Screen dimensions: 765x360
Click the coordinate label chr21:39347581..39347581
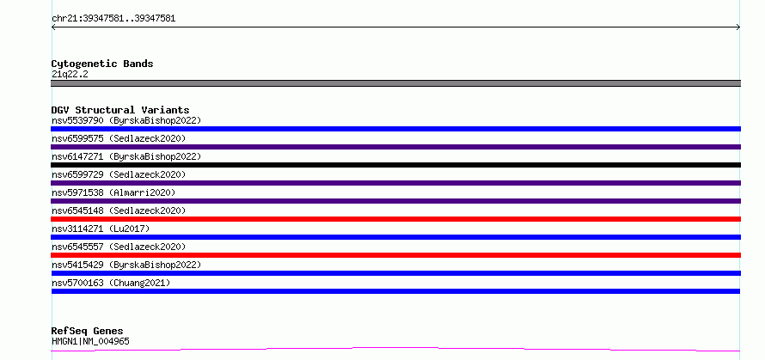113,19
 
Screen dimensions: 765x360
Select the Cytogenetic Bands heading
102,64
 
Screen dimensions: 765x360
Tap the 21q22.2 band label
70,75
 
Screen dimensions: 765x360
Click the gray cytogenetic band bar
395,83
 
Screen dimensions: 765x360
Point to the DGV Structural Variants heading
120,110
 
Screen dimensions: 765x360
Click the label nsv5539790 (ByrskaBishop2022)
126,120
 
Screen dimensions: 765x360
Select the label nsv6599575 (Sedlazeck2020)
119,138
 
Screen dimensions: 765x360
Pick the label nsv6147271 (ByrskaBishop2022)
126,156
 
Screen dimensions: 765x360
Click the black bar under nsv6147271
395,165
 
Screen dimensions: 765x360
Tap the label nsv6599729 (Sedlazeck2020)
119,174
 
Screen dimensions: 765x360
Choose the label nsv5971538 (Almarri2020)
113,192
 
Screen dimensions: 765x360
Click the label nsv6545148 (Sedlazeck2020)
119,211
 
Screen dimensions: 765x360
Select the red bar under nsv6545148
395,219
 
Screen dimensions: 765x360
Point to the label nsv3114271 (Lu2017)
101,229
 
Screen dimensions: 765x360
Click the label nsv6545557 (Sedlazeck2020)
119,247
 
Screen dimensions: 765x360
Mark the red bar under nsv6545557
395,255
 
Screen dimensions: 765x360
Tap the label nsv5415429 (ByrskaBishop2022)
126,265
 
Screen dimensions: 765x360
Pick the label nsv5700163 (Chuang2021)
111,283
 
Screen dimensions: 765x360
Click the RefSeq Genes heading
87,332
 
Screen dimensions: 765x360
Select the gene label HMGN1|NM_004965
90,341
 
